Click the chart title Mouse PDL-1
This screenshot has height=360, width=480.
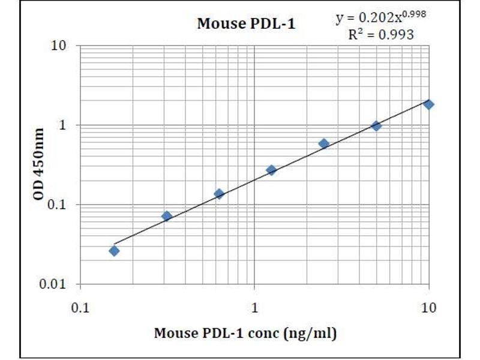click(x=246, y=25)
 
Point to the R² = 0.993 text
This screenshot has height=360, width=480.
click(x=381, y=35)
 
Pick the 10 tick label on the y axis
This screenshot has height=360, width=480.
click(x=59, y=46)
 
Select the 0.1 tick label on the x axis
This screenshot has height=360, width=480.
click(x=80, y=308)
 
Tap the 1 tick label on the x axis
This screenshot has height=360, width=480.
click(x=254, y=308)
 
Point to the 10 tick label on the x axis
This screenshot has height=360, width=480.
click(x=428, y=308)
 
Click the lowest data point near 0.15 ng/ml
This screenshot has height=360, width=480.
click(x=114, y=251)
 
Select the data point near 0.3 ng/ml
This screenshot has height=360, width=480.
click(x=167, y=216)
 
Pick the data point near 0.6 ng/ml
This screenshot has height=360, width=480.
click(x=219, y=194)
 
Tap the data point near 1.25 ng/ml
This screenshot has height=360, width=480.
click(x=271, y=170)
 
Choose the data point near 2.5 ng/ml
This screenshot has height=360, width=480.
click(x=324, y=144)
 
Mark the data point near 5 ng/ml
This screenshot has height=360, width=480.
click(x=376, y=126)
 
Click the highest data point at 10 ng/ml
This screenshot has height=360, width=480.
click(x=428, y=104)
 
